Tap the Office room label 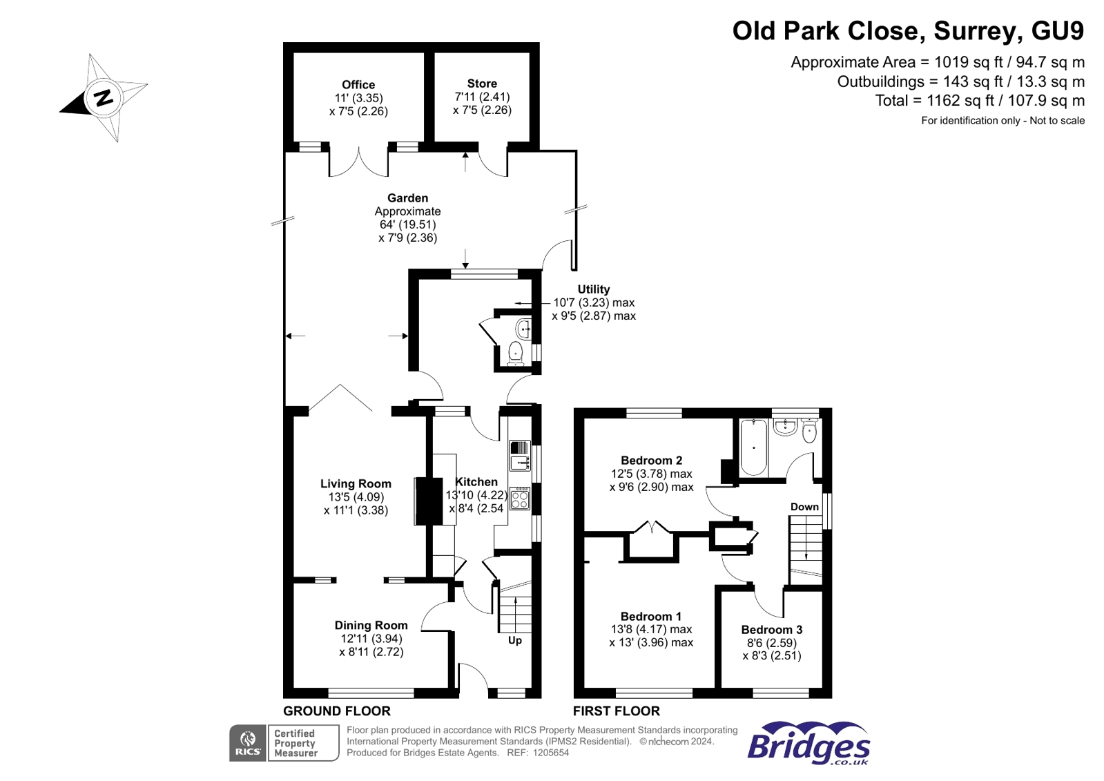coord(358,85)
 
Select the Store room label coord(482,84)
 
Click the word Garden coord(407,198)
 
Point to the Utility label coord(594,289)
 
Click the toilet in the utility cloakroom coord(516,353)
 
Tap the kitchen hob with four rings coord(520,499)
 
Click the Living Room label coord(356,484)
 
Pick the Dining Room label coord(371,626)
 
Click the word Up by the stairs coord(515,640)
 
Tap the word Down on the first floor coord(804,507)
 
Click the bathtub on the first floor coord(753,447)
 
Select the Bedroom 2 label coord(651,461)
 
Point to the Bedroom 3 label coord(771,630)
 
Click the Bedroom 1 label coord(650,617)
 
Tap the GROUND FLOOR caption coord(337,711)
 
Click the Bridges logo coord(808,744)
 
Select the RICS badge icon coord(248,743)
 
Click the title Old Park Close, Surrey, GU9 coord(908,31)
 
